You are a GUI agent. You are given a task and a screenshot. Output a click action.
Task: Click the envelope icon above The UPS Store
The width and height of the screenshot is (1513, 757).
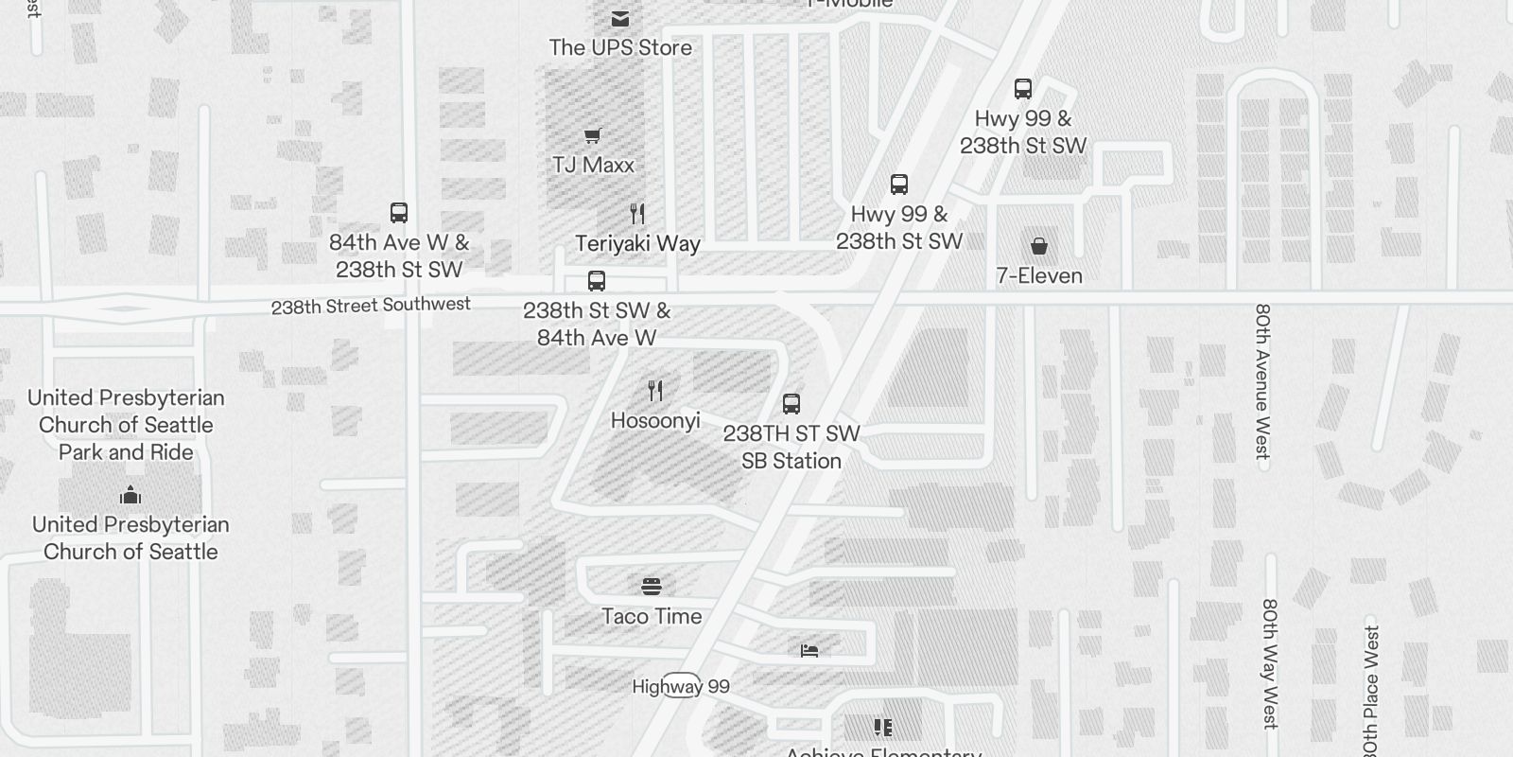click(620, 19)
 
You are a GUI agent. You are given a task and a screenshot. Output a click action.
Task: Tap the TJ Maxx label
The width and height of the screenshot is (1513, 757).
click(593, 165)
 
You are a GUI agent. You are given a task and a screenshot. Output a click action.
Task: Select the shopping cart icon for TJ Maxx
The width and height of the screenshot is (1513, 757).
click(593, 135)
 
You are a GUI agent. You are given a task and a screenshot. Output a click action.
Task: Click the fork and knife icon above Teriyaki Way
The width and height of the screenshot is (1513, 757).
click(637, 214)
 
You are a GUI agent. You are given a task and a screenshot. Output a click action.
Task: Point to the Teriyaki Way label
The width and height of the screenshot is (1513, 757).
click(637, 243)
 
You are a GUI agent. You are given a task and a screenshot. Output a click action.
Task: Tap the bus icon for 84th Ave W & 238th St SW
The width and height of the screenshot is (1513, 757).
click(399, 213)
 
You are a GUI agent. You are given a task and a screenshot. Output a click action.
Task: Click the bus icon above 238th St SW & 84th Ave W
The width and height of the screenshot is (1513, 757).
click(596, 281)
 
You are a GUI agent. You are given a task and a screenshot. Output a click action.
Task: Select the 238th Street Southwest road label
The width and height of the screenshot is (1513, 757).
click(371, 306)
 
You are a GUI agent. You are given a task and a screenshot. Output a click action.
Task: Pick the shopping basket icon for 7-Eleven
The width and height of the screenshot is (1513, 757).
click(1038, 246)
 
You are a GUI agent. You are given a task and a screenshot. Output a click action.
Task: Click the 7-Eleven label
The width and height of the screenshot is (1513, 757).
click(1038, 275)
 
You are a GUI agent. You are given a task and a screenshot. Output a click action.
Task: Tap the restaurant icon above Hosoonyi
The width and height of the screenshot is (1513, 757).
click(655, 390)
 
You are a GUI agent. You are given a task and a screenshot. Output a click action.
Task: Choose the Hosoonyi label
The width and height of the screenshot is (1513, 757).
click(655, 420)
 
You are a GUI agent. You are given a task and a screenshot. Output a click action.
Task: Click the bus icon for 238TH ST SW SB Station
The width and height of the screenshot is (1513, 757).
click(791, 404)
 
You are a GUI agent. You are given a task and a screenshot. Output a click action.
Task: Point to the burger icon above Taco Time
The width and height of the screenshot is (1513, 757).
click(652, 587)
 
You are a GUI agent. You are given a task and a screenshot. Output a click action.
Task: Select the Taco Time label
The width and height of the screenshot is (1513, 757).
click(652, 616)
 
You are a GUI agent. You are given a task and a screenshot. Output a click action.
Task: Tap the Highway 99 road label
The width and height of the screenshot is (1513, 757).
click(681, 686)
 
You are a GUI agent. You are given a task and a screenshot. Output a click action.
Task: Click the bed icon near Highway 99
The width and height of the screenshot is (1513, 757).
click(809, 650)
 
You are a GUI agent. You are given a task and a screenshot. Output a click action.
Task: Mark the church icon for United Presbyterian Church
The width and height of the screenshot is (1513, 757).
click(130, 495)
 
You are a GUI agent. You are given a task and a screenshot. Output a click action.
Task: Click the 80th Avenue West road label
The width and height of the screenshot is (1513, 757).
click(1262, 380)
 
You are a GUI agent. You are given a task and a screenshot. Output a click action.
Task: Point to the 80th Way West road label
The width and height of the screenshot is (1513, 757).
click(1270, 663)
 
